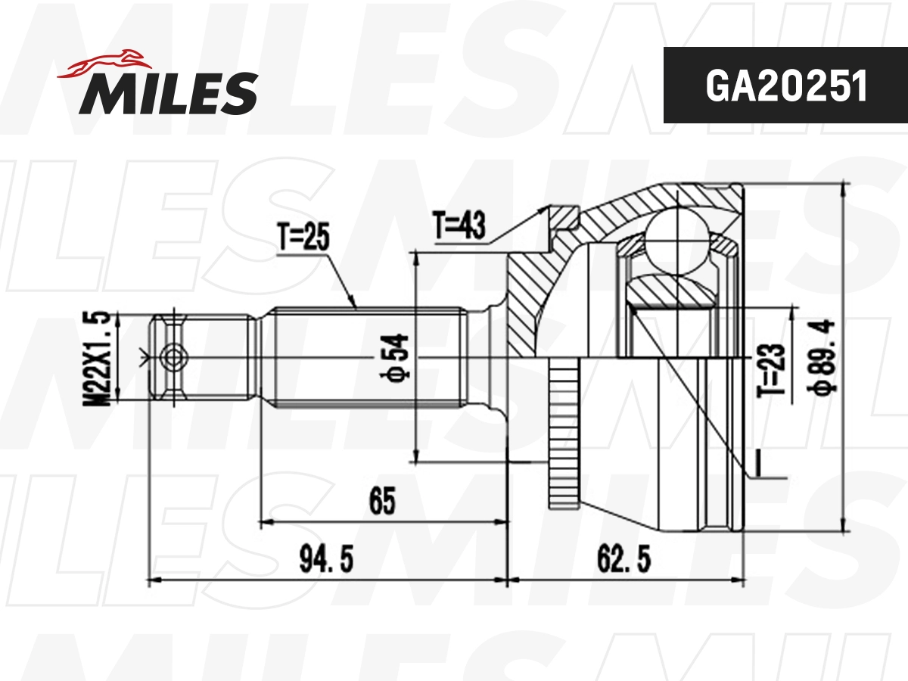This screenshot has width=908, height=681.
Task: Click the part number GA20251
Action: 785,86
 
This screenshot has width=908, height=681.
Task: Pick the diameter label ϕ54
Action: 400,356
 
